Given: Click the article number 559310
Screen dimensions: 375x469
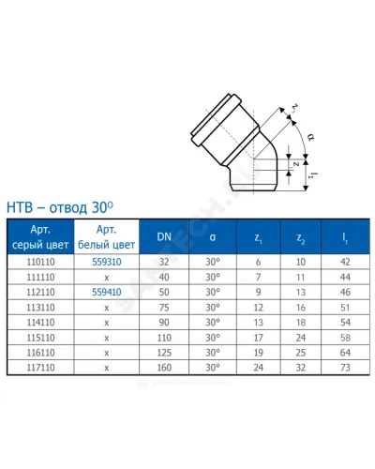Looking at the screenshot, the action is click(107, 262).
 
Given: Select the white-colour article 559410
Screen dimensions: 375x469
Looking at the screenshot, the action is click(107, 292).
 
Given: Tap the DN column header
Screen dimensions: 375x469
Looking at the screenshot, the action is click(164, 236).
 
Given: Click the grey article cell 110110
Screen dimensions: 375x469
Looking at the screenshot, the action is click(40, 262).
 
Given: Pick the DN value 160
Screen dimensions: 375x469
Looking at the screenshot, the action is click(164, 368).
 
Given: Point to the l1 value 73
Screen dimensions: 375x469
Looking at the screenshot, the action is click(345, 368).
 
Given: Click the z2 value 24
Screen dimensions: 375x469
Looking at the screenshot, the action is click(301, 338).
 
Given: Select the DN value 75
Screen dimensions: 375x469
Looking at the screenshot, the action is click(164, 308).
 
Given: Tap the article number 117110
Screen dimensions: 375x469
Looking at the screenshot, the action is click(40, 368).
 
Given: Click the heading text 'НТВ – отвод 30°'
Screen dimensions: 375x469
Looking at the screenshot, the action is click(60, 207).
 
